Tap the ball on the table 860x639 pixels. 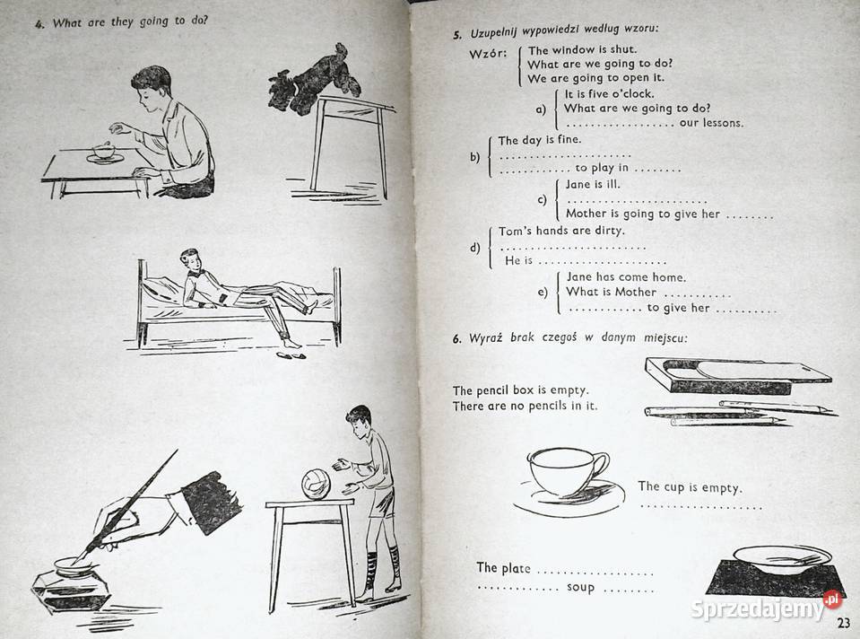tap(316, 485)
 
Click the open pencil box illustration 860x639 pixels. tap(730, 374)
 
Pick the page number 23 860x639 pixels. tap(842, 625)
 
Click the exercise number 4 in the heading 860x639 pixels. tap(39, 24)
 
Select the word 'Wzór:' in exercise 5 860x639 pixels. tap(488, 54)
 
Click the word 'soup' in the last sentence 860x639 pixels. tap(580, 588)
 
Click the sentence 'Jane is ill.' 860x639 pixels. tap(593, 184)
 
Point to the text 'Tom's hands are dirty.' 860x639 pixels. tap(561, 231)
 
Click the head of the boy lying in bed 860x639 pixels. tap(189, 258)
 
